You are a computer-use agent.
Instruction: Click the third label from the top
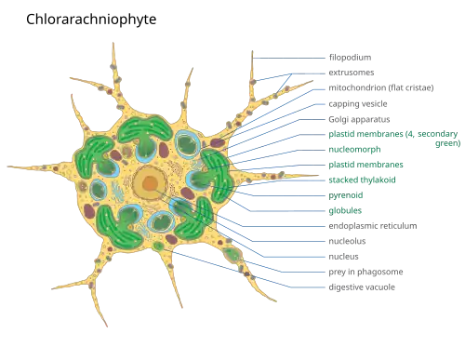click(381, 87)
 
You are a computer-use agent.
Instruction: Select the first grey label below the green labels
click(372, 224)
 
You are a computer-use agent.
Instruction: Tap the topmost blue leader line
click(288, 58)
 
